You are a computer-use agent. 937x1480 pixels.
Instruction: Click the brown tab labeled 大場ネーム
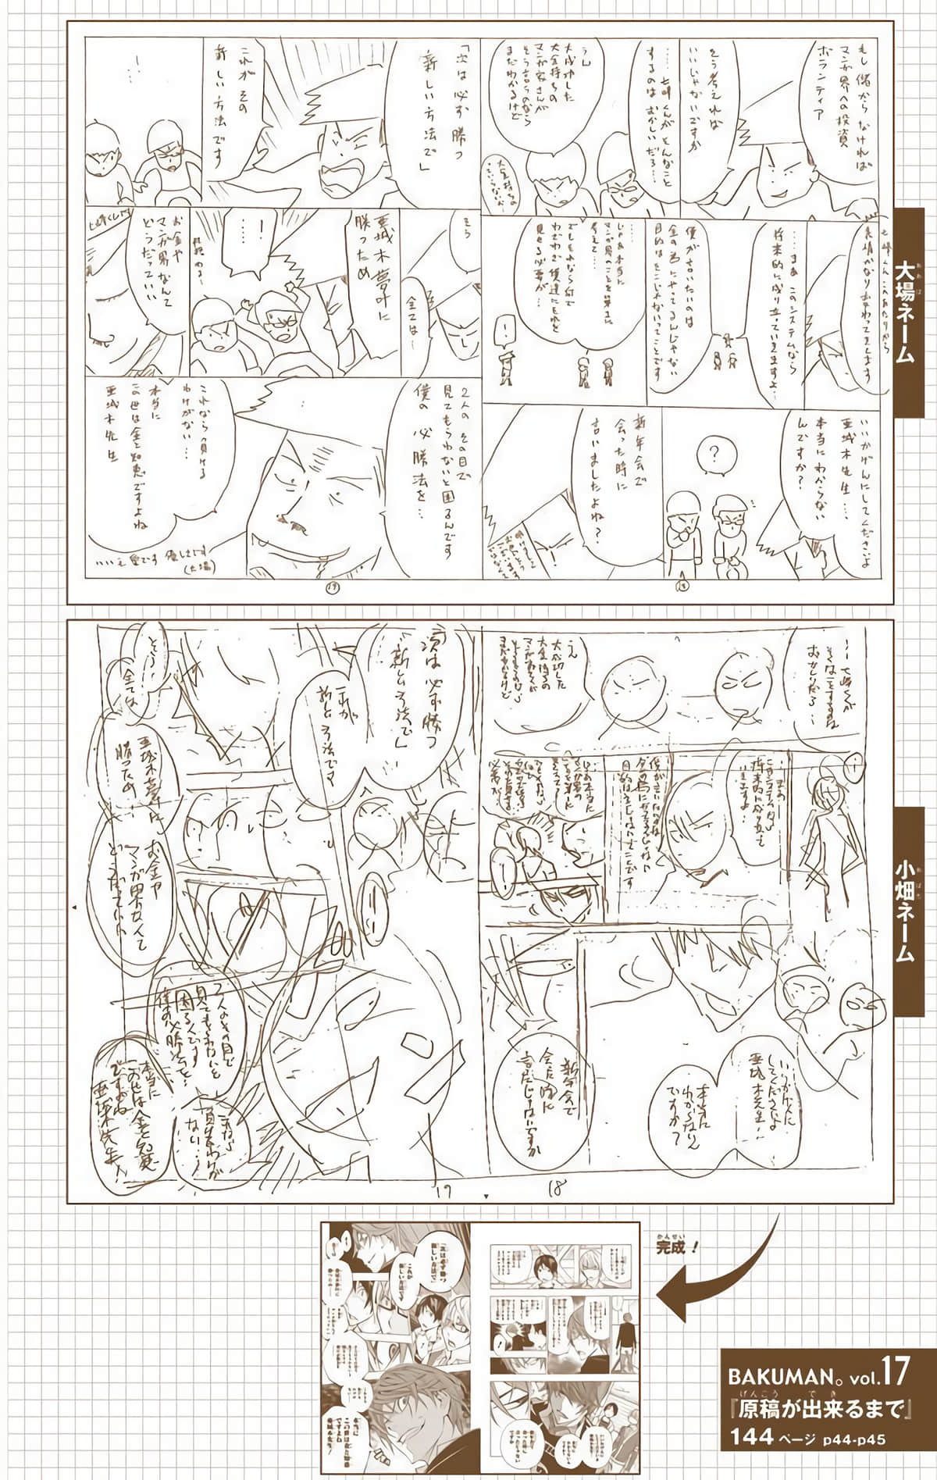point(914,312)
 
